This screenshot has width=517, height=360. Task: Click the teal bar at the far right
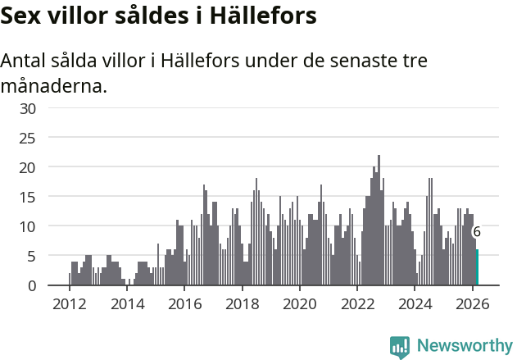point(478,268)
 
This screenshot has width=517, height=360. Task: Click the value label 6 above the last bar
point(477,232)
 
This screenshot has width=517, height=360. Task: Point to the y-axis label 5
point(32,256)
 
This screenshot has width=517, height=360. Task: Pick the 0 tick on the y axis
point(32,285)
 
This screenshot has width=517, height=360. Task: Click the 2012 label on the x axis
point(69,304)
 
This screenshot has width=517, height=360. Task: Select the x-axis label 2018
point(242,304)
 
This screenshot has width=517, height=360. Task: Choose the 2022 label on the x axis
point(357,304)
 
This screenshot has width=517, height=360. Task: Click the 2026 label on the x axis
point(473,304)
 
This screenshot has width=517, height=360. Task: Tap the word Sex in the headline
point(22,16)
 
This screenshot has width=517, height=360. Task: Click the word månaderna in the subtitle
point(54,85)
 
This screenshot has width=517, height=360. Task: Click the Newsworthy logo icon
point(400,347)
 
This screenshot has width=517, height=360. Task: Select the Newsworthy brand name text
point(464,347)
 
